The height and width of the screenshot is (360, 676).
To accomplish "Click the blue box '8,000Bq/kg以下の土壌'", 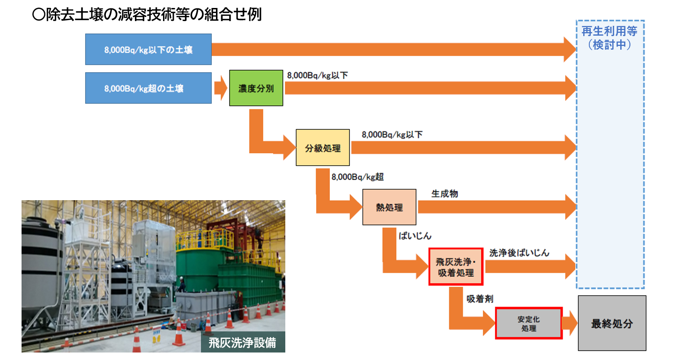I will point(148,49).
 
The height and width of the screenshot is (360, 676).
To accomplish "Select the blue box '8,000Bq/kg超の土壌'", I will point(148,88).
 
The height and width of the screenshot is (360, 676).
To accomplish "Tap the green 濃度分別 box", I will point(256,88).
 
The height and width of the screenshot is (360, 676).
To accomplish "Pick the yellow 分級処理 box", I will point(323,148).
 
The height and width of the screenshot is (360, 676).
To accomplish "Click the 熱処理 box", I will point(389,207).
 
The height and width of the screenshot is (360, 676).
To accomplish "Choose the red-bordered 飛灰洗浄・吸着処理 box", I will point(455,267).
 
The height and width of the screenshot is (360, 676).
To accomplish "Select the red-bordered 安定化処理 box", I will point(529,323).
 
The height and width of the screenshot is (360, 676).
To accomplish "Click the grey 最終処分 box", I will point(612,323).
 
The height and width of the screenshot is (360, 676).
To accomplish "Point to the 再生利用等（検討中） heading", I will point(609,38).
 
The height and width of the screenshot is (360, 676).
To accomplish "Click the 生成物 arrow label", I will point(445,193).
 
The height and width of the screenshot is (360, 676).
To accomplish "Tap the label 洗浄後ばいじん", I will point(520,253).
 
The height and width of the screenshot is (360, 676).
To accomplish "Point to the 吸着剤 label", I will point(480,299).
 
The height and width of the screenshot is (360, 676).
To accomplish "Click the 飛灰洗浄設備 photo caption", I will point(242,343).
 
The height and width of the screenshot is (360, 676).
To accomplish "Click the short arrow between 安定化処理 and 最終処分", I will point(570,323).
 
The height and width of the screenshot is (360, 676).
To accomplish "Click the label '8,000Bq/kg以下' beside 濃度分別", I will point(317,75).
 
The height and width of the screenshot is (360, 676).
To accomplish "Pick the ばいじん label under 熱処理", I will point(415,236).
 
